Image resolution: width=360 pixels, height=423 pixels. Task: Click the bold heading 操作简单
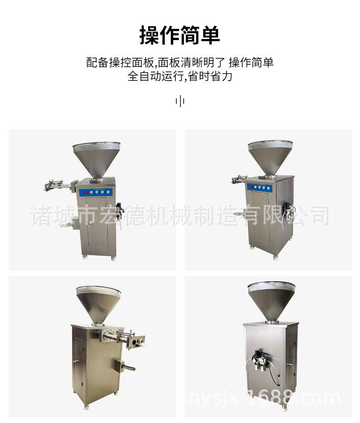tap(180, 36)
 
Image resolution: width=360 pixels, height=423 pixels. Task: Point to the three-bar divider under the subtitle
tap(180, 101)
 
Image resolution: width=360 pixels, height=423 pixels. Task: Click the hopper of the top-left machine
tap(96, 158)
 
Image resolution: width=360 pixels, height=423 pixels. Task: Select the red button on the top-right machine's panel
tap(251, 187)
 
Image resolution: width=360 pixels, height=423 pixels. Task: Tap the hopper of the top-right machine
tap(270, 155)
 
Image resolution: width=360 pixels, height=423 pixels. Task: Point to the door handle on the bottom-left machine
tap(75, 361)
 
